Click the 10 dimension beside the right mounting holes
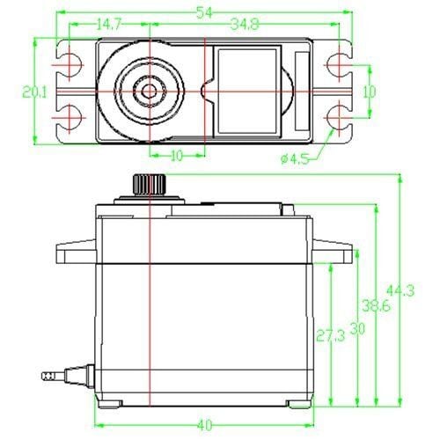[370, 92]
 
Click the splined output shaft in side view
[150, 185]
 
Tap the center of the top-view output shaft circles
[150, 91]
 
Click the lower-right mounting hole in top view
[337, 116]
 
